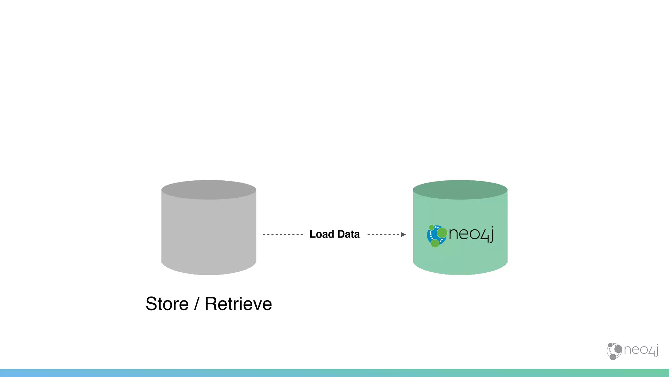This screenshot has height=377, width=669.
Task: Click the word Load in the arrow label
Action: (x=322, y=234)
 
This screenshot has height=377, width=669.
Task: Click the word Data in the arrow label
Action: (x=349, y=234)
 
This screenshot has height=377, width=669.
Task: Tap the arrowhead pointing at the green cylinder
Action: (x=403, y=235)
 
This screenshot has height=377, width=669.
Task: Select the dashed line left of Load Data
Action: (x=283, y=235)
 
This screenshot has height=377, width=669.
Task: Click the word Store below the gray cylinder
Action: (x=167, y=304)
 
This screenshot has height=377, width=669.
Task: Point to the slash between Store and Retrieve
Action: (x=196, y=304)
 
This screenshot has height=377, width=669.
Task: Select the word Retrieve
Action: (x=238, y=304)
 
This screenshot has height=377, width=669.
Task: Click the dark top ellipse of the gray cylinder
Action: (x=209, y=190)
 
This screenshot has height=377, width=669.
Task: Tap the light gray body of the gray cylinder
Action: (x=209, y=236)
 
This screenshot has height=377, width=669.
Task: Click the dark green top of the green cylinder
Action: (x=460, y=190)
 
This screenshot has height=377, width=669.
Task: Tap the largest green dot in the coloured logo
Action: (x=442, y=233)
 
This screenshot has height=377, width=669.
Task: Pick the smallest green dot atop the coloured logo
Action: (x=432, y=227)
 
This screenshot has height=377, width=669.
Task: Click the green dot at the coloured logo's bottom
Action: (x=435, y=243)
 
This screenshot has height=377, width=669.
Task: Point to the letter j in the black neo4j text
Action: (x=491, y=234)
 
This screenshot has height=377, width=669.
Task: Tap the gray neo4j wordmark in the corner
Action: (x=641, y=350)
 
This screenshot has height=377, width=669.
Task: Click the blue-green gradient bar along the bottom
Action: (x=334, y=373)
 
